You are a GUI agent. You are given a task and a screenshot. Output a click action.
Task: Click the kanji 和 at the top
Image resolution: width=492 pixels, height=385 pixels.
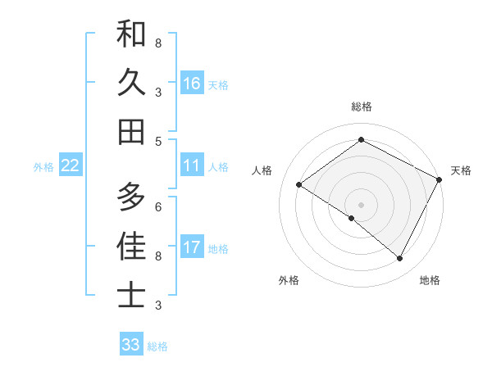[x=131, y=34]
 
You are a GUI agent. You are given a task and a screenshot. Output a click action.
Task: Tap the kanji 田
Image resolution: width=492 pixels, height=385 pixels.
[x=131, y=131]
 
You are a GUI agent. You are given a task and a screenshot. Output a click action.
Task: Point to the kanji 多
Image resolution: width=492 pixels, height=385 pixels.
[x=131, y=197]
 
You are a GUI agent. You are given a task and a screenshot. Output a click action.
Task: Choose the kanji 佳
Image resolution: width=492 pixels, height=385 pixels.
[x=131, y=246]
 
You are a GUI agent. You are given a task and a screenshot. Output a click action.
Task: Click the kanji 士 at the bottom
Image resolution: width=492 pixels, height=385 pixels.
[x=131, y=295]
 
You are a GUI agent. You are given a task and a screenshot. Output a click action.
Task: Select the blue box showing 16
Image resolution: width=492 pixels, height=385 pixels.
[x=192, y=83]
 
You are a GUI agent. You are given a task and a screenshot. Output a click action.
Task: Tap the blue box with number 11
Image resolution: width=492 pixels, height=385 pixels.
[x=192, y=165]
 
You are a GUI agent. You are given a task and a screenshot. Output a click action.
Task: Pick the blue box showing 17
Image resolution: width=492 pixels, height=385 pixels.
[x=192, y=247]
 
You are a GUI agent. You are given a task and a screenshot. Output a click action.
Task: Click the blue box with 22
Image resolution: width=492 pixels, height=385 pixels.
[x=71, y=165]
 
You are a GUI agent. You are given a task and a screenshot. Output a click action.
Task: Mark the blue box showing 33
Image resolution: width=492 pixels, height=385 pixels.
[x=131, y=345]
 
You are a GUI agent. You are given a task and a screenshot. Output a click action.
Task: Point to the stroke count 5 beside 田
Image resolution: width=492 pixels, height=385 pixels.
[x=158, y=141]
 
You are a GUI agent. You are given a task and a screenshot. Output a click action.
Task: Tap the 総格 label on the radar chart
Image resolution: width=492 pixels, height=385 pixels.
[x=362, y=106]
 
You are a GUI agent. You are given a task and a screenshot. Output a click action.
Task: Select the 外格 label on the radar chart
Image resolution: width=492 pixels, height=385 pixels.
[x=289, y=280]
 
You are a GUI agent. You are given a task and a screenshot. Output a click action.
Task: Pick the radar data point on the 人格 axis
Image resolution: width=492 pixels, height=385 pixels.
[x=298, y=185]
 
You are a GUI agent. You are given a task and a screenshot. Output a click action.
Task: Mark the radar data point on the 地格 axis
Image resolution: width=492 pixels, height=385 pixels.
[x=400, y=259]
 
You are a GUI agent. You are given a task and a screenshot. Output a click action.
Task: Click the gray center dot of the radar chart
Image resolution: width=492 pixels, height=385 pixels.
[x=361, y=204]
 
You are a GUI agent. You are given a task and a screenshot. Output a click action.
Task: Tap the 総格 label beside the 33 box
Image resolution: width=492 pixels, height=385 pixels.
[x=157, y=346]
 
